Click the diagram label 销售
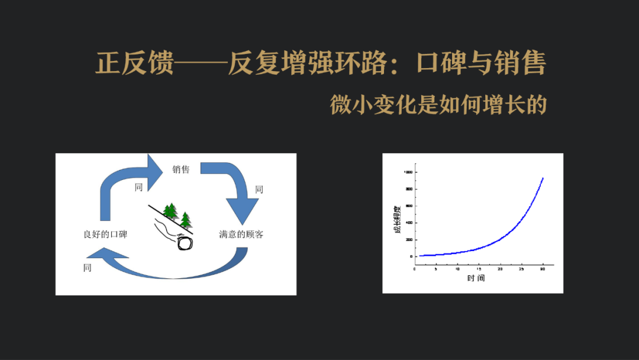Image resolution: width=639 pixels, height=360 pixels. [181, 169]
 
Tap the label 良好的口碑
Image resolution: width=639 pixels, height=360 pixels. [105, 234]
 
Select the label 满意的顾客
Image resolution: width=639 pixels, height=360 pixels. [241, 234]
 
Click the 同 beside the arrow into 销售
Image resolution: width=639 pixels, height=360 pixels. [138, 187]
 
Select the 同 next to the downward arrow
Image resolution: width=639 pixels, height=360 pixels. [259, 189]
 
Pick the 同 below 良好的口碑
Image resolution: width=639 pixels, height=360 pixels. [88, 268]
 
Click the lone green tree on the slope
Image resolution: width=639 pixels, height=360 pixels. [186, 220]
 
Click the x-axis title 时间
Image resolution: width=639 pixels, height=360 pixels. [475, 278]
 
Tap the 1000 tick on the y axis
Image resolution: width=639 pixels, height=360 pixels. [408, 172]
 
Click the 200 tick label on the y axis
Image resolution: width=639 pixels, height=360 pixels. [408, 239]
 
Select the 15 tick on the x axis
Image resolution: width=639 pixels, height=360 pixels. [478, 269]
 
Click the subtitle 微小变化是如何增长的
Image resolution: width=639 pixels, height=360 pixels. [438, 105]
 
